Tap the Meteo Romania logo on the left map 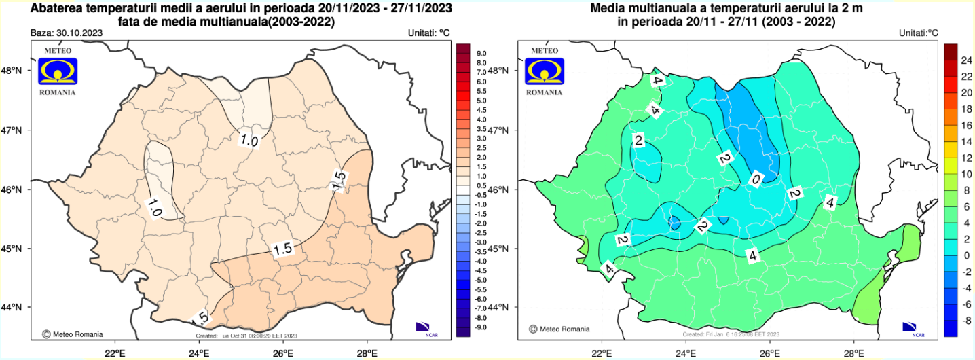[x=58, y=70]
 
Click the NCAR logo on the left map [x=424, y=327]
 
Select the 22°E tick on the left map [x=115, y=353]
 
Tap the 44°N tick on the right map [x=498, y=308]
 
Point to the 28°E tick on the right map [x=854, y=353]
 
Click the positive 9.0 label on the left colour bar [x=481, y=53]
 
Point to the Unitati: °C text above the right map [x=918, y=33]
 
